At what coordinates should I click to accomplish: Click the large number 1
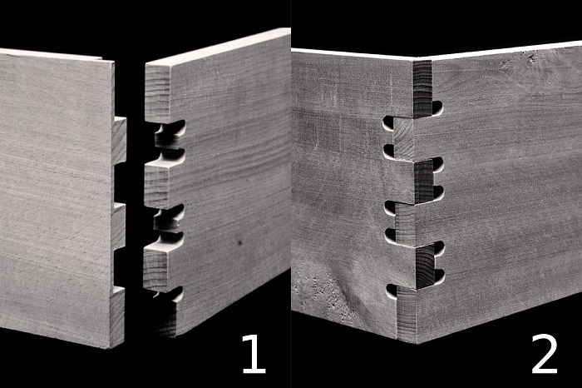(x=254, y=354)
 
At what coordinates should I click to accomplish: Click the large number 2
(x=545, y=354)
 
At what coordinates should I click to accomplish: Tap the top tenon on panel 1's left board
(x=120, y=141)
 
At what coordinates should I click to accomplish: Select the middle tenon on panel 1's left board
(x=119, y=226)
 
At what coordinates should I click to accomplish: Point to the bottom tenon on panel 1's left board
(x=117, y=316)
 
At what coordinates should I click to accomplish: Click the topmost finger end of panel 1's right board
(x=158, y=93)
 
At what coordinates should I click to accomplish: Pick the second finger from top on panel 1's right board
(x=157, y=184)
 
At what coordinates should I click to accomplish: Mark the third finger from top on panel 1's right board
(x=156, y=267)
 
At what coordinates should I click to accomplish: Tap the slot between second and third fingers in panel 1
(x=169, y=221)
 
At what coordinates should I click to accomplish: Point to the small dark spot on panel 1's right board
(x=239, y=243)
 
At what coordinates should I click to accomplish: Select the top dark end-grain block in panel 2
(x=422, y=88)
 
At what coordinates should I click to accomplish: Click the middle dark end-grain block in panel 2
(x=424, y=182)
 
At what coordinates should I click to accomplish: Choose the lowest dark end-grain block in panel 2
(x=426, y=266)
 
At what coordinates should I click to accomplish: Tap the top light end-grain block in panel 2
(x=403, y=139)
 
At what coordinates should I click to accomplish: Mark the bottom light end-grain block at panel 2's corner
(x=407, y=315)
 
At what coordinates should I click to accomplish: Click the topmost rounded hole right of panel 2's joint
(x=437, y=107)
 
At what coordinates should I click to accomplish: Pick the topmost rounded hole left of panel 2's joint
(x=388, y=123)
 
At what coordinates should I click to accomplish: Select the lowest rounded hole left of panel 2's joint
(x=392, y=292)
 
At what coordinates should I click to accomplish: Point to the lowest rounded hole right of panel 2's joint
(x=440, y=276)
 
